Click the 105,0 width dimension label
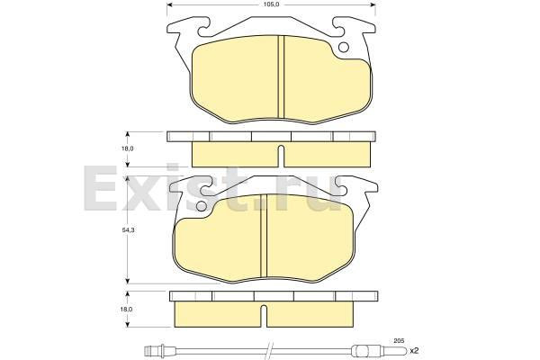271,4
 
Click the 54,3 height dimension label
128,230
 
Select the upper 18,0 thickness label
128,148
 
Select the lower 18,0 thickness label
128,309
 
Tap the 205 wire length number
399,340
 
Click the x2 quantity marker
414,351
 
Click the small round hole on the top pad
344,47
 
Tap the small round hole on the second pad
201,206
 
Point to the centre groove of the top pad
281,76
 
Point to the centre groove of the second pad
264,235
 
